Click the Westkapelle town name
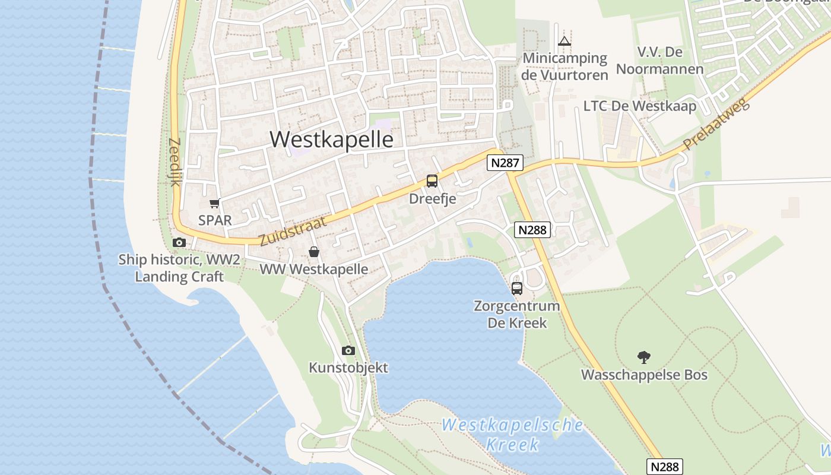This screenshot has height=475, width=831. tap(331, 139)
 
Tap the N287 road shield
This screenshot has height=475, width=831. tap(505, 163)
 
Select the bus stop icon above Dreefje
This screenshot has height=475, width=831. tap(432, 181)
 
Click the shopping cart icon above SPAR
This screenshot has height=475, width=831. tap(214, 204)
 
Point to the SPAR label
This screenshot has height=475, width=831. tap(215, 220)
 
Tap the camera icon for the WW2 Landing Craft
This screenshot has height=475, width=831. tap(179, 242)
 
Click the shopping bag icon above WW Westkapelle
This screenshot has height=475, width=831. tap(314, 252)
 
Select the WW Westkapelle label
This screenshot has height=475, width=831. tap(314, 269)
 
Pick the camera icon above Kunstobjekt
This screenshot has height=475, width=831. tap(348, 351)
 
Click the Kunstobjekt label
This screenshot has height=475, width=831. tap(348, 368)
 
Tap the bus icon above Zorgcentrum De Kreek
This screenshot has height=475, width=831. tap(517, 289)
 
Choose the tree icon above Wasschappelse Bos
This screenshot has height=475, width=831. tap(644, 357)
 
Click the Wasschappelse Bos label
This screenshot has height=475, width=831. tap(644, 375)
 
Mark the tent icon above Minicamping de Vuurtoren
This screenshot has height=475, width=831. tap(564, 41)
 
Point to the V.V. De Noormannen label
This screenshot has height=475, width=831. tap(659, 61)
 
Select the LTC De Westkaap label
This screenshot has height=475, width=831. tap(639, 106)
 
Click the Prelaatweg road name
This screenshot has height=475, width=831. tap(716, 124)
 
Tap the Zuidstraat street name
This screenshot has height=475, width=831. tap(293, 232)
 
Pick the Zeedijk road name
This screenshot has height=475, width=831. tap(175, 162)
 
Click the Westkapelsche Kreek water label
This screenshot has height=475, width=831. tap(512, 434)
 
